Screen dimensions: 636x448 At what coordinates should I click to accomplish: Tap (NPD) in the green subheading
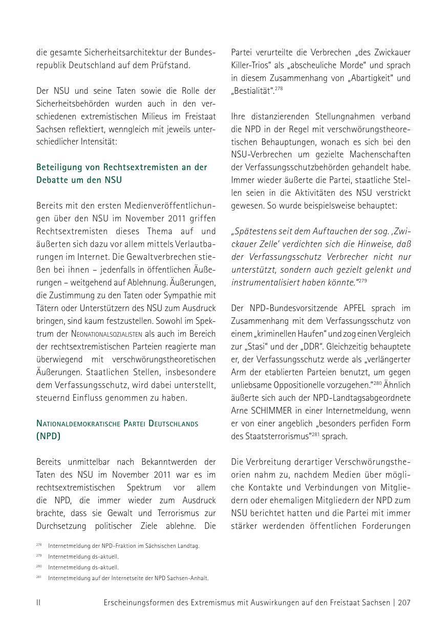(48, 437)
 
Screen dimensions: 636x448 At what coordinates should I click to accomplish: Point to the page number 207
(404, 603)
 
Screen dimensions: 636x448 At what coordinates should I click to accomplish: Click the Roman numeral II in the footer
(38, 603)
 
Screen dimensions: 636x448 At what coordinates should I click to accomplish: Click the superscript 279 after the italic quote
(362, 281)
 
